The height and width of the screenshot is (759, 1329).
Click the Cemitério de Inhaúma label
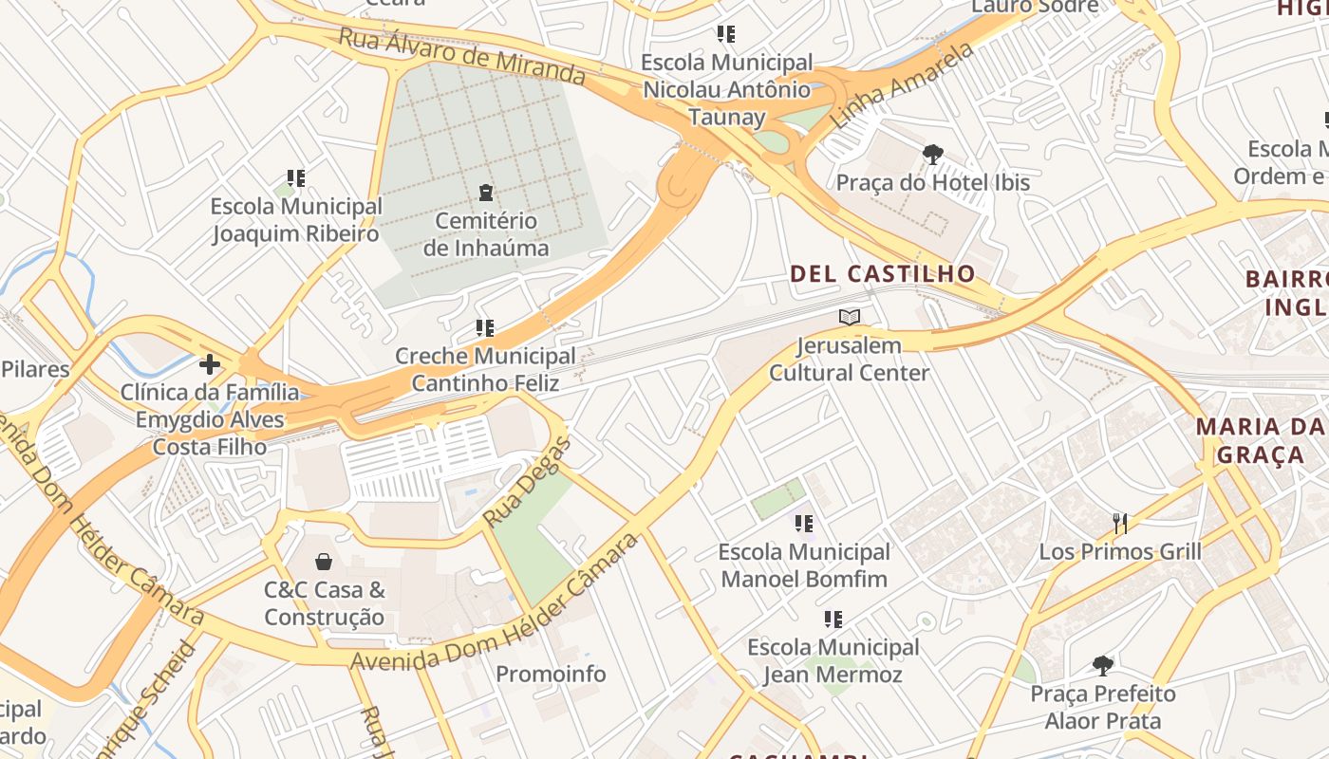coord(485,234)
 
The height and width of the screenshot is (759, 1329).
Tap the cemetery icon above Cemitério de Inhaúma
coord(486,193)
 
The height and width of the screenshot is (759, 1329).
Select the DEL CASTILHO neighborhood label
coord(883,274)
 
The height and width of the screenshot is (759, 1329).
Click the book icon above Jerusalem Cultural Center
coord(850,317)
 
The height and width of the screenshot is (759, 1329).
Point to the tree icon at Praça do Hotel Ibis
coord(933,154)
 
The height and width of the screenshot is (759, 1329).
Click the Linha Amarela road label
coord(902,86)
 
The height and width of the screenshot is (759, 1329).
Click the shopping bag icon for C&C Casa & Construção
coord(324,562)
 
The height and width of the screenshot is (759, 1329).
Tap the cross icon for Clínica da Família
coord(210,364)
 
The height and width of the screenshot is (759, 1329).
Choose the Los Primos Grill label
coord(1120,551)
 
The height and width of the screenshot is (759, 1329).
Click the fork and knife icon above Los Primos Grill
coord(1120,523)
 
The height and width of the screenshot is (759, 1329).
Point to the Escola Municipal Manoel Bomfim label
coord(804,565)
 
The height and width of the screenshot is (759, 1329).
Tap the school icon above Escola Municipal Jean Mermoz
coord(833,620)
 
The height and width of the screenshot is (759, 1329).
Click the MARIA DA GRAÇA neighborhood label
coord(1260,440)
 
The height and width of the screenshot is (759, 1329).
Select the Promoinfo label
coord(551,674)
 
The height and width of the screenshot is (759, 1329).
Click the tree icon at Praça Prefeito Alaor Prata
coord(1102,665)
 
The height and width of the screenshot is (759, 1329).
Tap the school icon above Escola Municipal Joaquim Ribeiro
coord(296,178)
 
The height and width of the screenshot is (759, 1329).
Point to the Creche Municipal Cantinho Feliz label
coord(485,369)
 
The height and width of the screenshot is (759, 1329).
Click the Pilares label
coord(35,369)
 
